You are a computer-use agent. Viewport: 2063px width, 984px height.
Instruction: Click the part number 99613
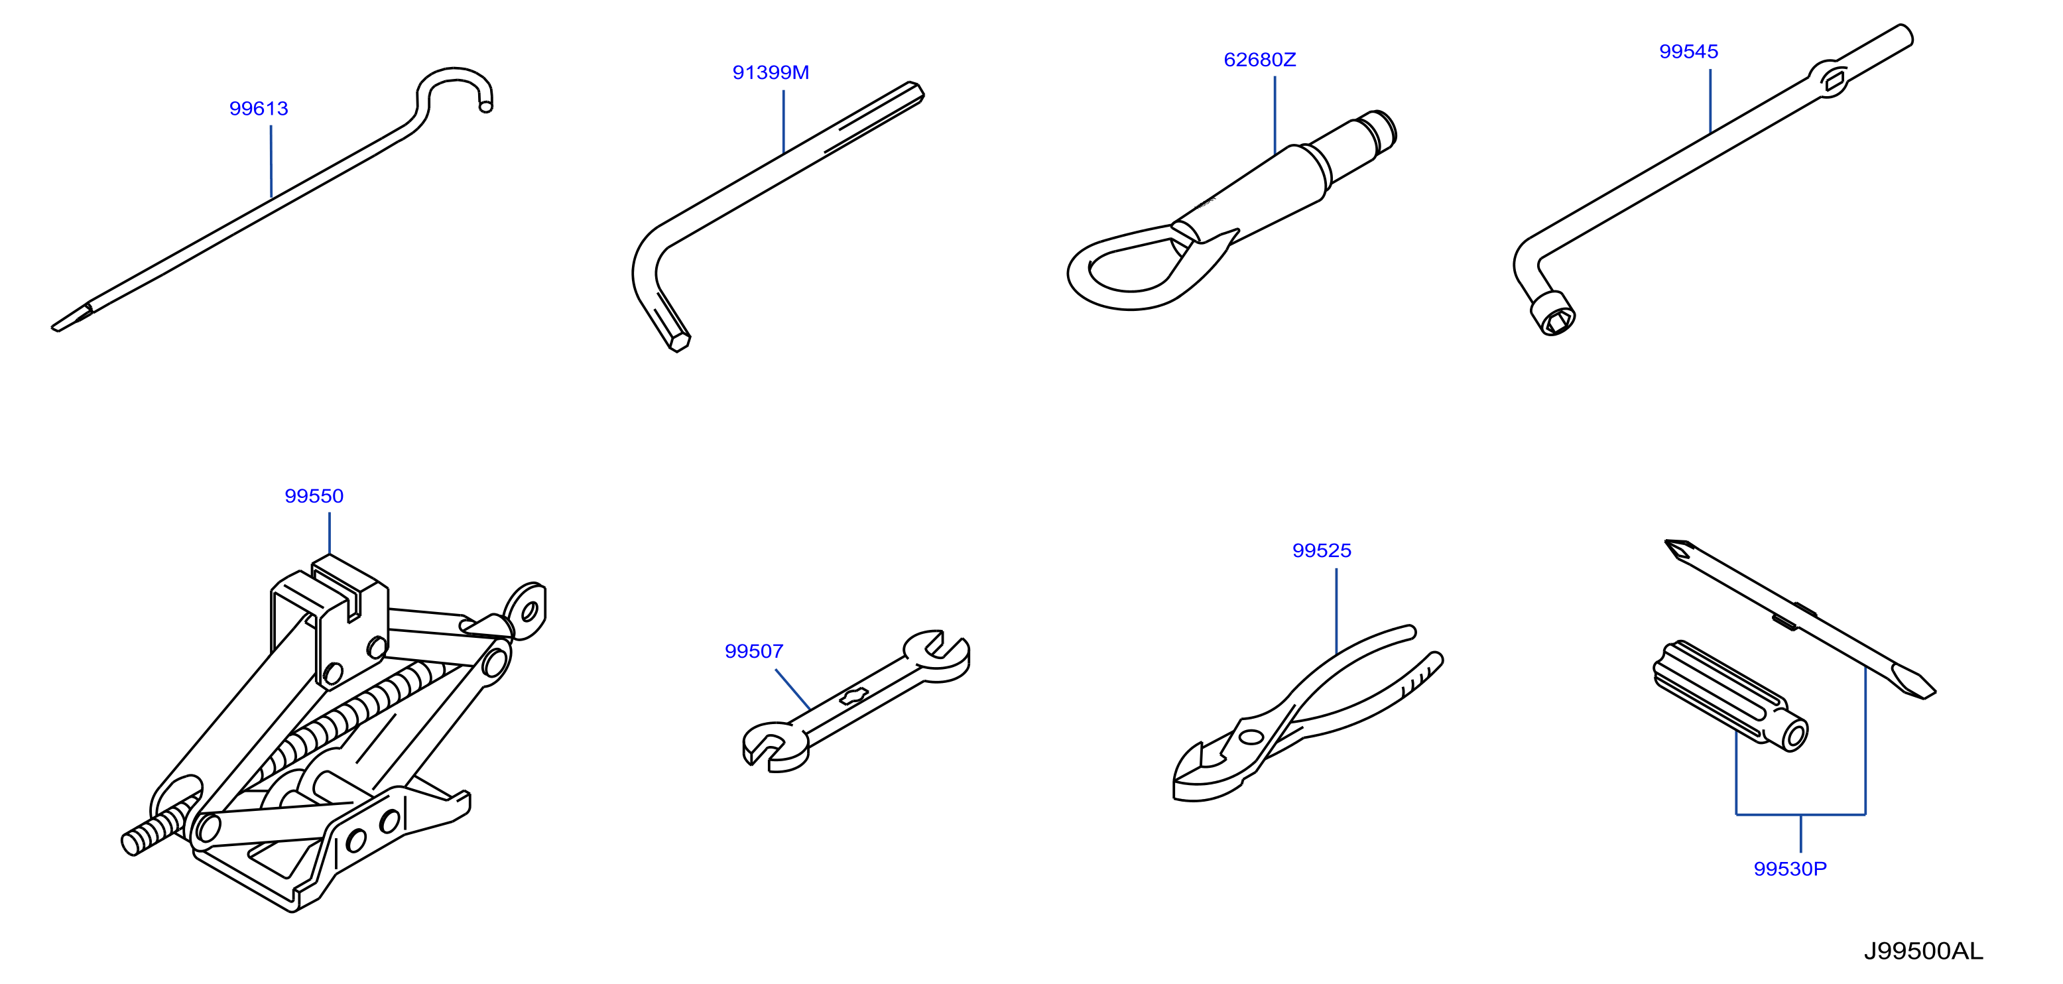click(259, 109)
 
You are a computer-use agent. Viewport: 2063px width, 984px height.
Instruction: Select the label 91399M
click(771, 73)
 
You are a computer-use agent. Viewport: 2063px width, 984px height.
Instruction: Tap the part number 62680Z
click(1260, 60)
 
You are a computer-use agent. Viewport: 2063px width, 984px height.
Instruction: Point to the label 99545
click(1688, 52)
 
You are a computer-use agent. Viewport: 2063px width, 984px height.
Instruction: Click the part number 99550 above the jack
click(314, 497)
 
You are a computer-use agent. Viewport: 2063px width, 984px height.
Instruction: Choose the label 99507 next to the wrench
click(753, 652)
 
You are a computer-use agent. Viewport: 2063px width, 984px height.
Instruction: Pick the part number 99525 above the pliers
click(1322, 551)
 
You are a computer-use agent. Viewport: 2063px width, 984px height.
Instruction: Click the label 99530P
click(1790, 869)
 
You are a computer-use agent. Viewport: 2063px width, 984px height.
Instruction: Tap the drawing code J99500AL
click(1923, 951)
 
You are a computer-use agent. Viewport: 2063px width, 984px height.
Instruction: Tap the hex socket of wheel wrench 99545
click(1553, 313)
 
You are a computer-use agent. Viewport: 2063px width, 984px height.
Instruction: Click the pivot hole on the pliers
click(1249, 737)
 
